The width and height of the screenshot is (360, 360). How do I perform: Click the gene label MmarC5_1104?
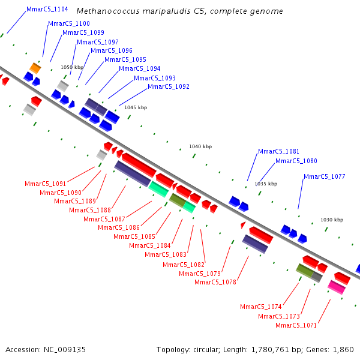47,10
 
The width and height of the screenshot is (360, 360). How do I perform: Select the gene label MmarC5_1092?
169,86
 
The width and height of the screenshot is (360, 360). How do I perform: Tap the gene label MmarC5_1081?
278,152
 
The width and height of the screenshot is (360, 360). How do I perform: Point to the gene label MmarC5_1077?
325,176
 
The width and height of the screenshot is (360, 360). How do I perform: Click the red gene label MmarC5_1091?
46,184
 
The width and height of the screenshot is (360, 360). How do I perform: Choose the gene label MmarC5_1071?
296,325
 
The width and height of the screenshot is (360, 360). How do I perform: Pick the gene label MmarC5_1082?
184,265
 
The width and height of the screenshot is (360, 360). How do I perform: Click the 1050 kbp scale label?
72,67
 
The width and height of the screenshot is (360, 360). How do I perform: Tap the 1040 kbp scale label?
200,146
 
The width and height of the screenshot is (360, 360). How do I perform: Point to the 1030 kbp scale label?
332,220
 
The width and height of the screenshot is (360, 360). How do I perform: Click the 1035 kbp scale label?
266,184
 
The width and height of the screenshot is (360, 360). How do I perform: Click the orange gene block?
35,68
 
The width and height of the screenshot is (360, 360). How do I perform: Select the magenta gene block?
337,287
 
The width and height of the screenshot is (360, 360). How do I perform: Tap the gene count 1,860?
343,349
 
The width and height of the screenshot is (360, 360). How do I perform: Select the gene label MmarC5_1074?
261,307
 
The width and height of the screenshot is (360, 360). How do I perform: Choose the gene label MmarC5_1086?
119,227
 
